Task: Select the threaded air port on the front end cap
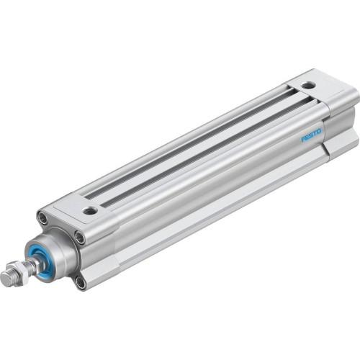click(x=90, y=211)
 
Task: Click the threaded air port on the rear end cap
click(x=308, y=85)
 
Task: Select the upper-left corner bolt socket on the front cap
click(x=45, y=216)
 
